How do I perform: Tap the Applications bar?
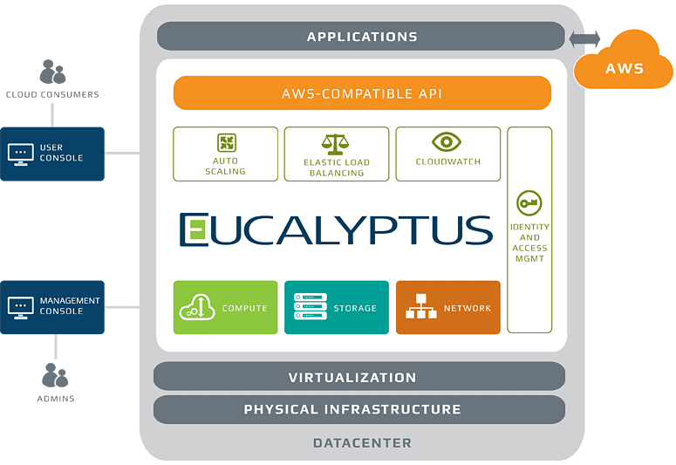(x=361, y=37)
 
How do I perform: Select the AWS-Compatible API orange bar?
(x=362, y=93)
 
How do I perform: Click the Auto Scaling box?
(x=226, y=154)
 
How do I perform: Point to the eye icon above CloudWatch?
(x=447, y=142)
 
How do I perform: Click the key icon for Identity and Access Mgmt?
(x=529, y=203)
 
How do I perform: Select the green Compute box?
(x=226, y=307)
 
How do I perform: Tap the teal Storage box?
(x=337, y=307)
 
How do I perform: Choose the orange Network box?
(x=447, y=307)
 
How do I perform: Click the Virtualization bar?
(x=359, y=377)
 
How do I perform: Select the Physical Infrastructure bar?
(x=359, y=409)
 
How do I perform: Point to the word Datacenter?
(x=362, y=443)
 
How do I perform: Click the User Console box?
(x=52, y=154)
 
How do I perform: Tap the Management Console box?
(x=52, y=306)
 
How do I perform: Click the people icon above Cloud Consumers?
(x=52, y=72)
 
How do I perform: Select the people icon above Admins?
(x=54, y=376)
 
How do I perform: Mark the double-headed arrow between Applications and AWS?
(x=584, y=38)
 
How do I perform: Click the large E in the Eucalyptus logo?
(x=195, y=229)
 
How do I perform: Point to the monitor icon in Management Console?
(x=20, y=306)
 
